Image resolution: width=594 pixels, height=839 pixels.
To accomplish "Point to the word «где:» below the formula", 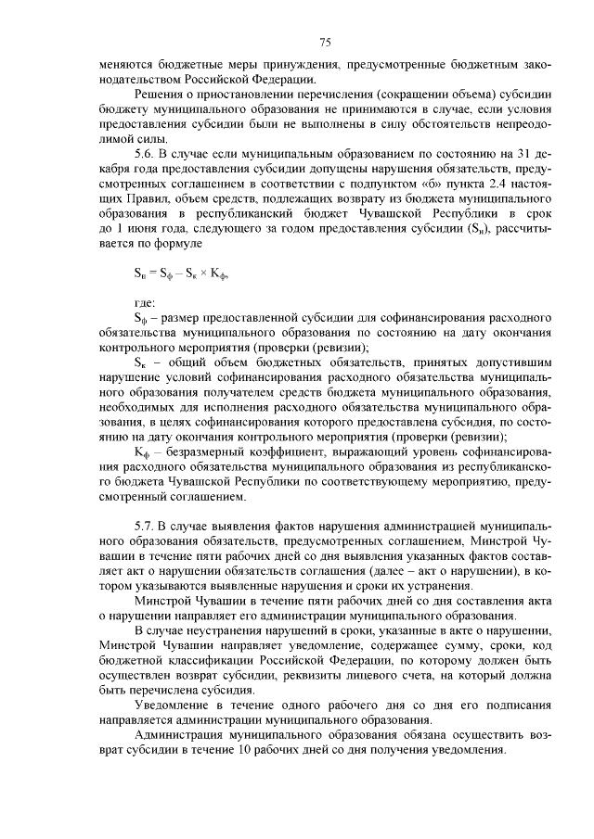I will point(145,301).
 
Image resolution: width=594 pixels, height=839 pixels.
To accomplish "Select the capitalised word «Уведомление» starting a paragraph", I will point(174,706).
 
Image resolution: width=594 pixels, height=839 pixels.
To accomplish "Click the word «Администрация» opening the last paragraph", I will point(181,733).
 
